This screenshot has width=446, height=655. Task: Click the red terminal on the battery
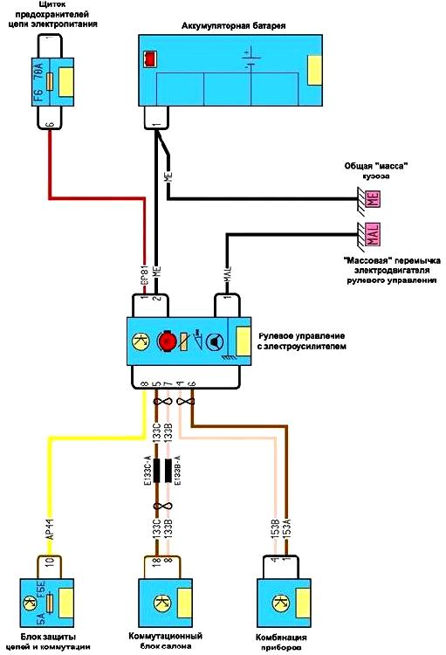click(150, 59)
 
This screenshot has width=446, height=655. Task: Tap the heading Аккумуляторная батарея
click(234, 27)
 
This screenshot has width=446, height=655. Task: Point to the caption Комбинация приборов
click(285, 641)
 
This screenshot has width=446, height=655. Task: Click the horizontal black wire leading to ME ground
click(262, 197)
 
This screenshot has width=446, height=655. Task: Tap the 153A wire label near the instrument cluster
click(286, 527)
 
